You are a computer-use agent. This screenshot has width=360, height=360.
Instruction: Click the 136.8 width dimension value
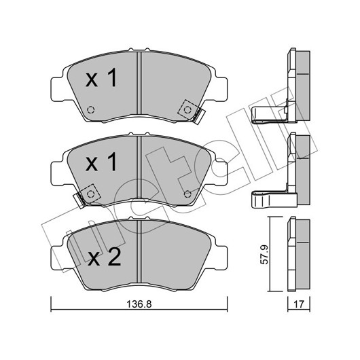tap(139, 304)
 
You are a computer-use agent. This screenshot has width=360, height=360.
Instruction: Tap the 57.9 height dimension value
tap(264, 255)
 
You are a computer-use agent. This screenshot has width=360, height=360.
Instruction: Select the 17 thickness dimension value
tap(298, 304)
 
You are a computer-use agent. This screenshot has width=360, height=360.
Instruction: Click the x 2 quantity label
tap(105, 257)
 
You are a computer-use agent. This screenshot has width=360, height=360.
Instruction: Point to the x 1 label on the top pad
tap(101, 78)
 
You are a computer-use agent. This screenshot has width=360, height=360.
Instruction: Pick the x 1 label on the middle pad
tap(101, 162)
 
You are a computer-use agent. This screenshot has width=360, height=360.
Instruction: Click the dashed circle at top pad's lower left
tap(91, 110)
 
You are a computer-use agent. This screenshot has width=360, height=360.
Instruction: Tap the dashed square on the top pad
tap(187, 110)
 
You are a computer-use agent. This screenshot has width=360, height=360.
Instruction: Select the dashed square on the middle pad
tap(90, 194)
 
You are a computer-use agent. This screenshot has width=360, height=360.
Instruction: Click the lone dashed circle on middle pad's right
tap(187, 194)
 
